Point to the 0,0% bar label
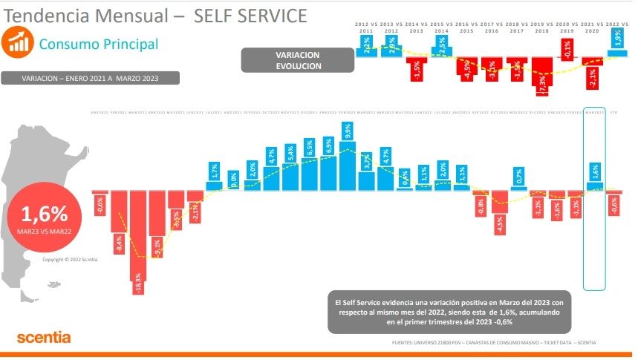pos(234,178)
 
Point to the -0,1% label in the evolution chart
pos(567,50)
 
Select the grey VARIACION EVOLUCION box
pos(298,60)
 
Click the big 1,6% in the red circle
pos(45,215)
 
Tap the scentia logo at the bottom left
pos(44,338)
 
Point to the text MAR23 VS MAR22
pos(45,232)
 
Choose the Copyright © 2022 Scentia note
pos(65,259)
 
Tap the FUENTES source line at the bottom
pos(493,342)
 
